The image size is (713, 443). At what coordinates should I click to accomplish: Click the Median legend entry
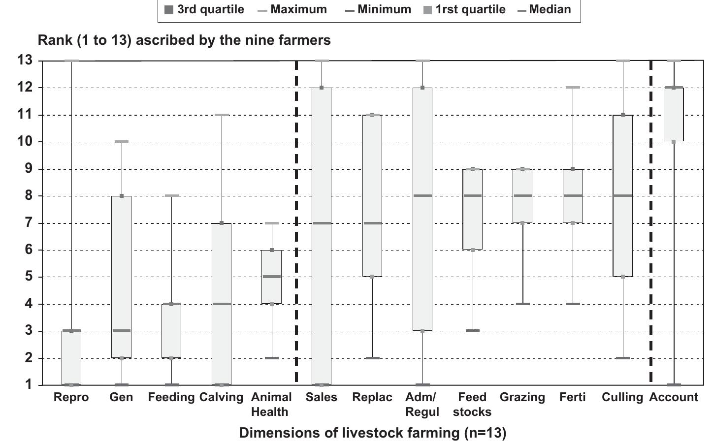point(545,9)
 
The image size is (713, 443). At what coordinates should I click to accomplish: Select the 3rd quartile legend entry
point(204,9)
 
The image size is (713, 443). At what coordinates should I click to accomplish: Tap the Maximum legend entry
point(292,9)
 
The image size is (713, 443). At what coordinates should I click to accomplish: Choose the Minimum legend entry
point(378,9)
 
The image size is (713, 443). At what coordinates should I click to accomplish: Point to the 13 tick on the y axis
point(25,61)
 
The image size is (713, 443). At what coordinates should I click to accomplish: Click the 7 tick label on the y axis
point(28,223)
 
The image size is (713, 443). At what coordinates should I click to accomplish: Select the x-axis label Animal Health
point(272,404)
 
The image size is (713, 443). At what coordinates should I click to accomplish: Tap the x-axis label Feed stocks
point(472,404)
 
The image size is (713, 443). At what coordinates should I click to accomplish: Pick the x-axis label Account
point(673,397)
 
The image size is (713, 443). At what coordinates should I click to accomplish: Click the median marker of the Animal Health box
point(272,277)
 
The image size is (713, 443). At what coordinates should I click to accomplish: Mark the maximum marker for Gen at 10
point(122,142)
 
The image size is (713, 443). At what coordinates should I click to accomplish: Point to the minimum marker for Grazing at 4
point(522,304)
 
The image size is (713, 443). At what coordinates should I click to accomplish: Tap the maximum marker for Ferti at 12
point(573,88)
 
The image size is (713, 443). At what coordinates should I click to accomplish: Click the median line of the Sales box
point(322,223)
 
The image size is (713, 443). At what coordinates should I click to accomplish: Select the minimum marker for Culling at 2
point(623,358)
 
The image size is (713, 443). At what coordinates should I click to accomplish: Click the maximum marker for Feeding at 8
point(171,196)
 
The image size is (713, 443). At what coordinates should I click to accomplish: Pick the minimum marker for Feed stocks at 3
point(472,331)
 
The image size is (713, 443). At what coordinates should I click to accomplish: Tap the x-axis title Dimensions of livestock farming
point(372,433)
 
